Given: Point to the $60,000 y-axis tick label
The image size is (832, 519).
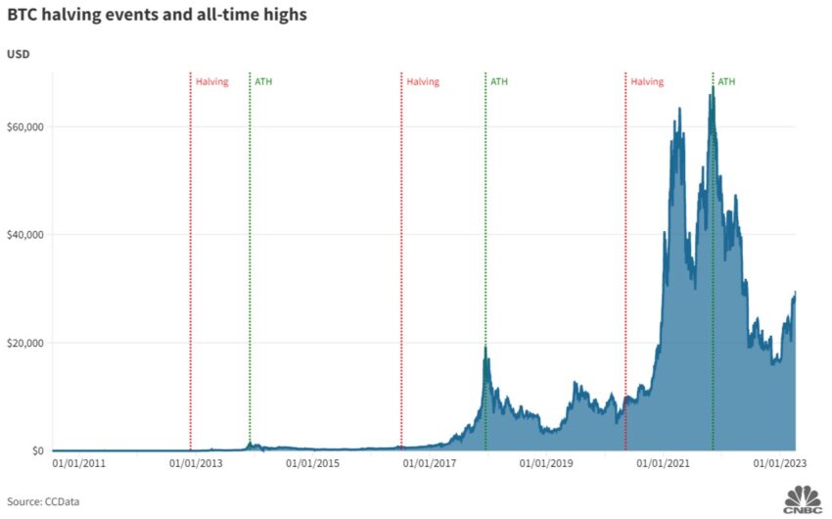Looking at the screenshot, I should (23, 126).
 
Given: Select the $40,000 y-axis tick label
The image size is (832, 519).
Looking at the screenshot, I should (23, 234).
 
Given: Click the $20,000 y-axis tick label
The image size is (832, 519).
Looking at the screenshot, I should (23, 343).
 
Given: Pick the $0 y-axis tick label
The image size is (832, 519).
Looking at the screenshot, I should (36, 450).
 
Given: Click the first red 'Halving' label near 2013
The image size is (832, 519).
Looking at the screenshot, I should (212, 82).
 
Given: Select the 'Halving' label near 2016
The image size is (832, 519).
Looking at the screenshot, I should (423, 82).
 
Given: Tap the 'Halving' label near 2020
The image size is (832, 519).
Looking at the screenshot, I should (647, 82).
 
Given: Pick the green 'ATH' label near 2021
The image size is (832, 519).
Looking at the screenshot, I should (726, 82).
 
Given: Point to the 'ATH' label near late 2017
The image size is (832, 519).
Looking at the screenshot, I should (499, 82).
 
